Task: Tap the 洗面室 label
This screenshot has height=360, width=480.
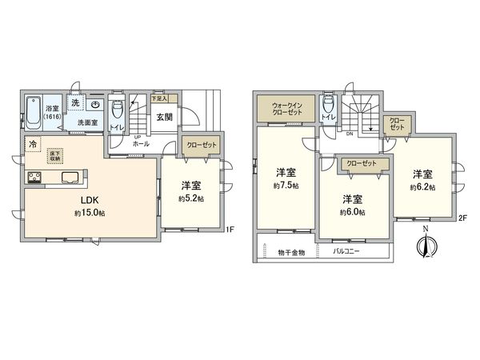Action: pyautogui.click(x=86, y=123)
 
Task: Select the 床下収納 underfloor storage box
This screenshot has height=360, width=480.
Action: pyautogui.click(x=55, y=155)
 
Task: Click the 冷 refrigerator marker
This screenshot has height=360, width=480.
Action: pyautogui.click(x=33, y=146)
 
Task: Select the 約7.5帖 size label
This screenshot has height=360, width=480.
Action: pyautogui.click(x=285, y=186)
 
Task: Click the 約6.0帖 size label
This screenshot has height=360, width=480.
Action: pyautogui.click(x=351, y=212)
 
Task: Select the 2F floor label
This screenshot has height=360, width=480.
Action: pyautogui.click(x=462, y=218)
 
